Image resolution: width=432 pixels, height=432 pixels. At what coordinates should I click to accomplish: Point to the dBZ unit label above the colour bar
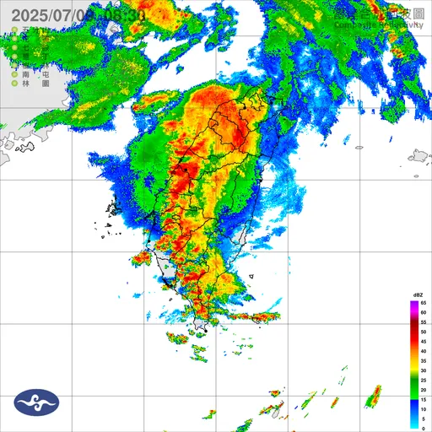[418, 293]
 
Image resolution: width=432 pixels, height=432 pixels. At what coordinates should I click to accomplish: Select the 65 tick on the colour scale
[424, 301]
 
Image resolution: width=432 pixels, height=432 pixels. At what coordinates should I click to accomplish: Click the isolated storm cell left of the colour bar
[373, 396]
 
